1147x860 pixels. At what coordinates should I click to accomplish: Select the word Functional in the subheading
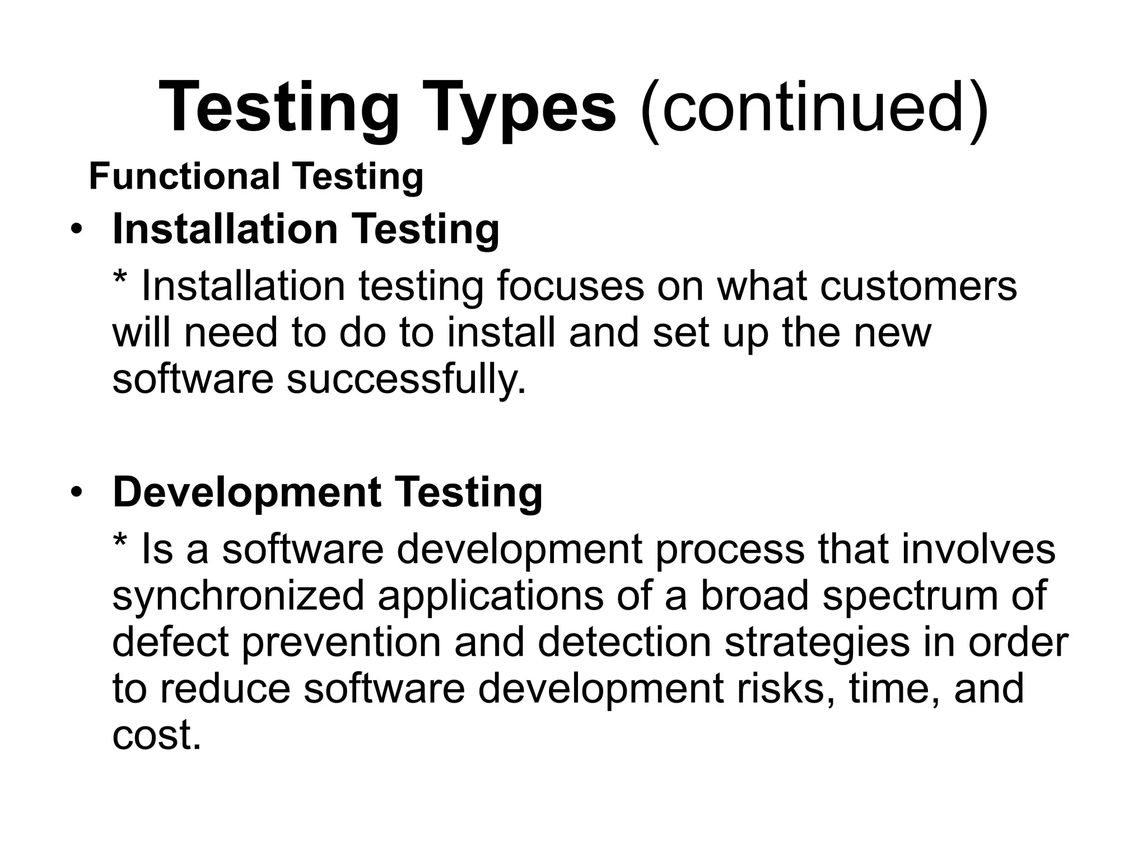click(x=184, y=176)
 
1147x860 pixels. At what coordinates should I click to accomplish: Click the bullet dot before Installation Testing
click(x=76, y=230)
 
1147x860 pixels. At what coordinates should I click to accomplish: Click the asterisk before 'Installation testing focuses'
click(x=119, y=279)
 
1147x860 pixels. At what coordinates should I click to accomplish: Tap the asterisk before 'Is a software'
click(x=119, y=542)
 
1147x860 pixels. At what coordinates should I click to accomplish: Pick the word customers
click(x=918, y=286)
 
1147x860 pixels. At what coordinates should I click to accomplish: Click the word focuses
click(x=570, y=286)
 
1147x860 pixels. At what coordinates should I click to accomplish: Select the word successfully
click(x=407, y=379)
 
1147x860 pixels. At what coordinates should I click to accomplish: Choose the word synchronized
click(x=238, y=595)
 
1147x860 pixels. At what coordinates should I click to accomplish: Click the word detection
click(x=624, y=642)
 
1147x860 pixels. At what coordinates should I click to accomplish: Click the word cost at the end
click(x=155, y=735)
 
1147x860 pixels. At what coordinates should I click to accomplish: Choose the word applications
click(x=490, y=595)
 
